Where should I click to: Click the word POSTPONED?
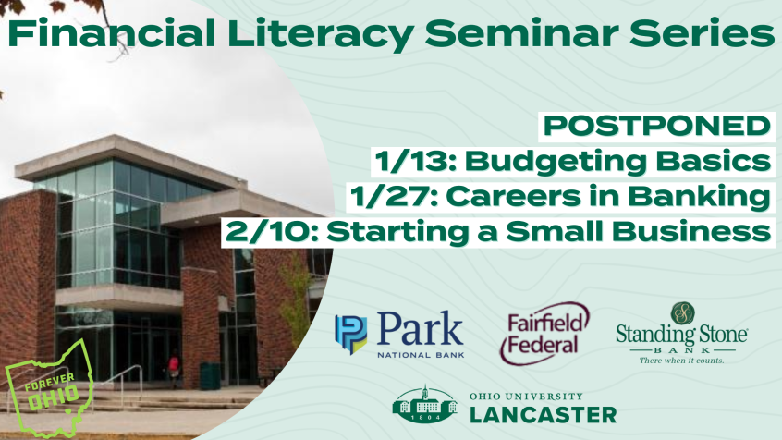tap(657, 125)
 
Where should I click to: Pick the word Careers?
tap(513, 197)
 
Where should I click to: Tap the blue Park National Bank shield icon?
tap(350, 335)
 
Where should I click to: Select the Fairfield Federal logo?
tap(544, 334)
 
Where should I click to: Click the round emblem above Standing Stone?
tap(682, 313)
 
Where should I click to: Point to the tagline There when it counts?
tap(681, 361)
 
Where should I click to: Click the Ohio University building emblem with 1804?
tap(425, 404)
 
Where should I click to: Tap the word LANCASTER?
tap(544, 415)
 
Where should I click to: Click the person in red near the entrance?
tap(174, 369)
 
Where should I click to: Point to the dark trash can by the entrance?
tap(210, 375)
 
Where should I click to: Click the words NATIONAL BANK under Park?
tap(421, 355)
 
